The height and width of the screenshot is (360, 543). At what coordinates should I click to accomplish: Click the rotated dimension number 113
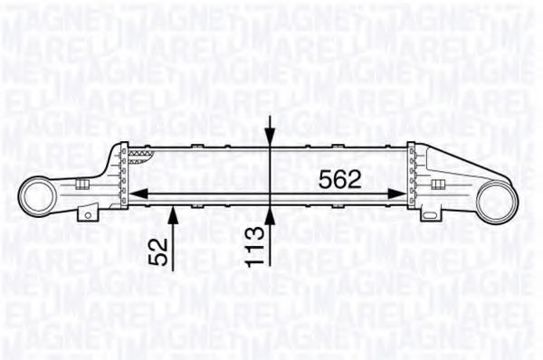(x=259, y=244)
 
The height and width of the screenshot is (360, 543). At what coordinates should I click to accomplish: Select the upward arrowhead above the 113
(x=272, y=213)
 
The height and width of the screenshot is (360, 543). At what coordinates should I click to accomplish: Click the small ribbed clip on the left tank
(x=84, y=185)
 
